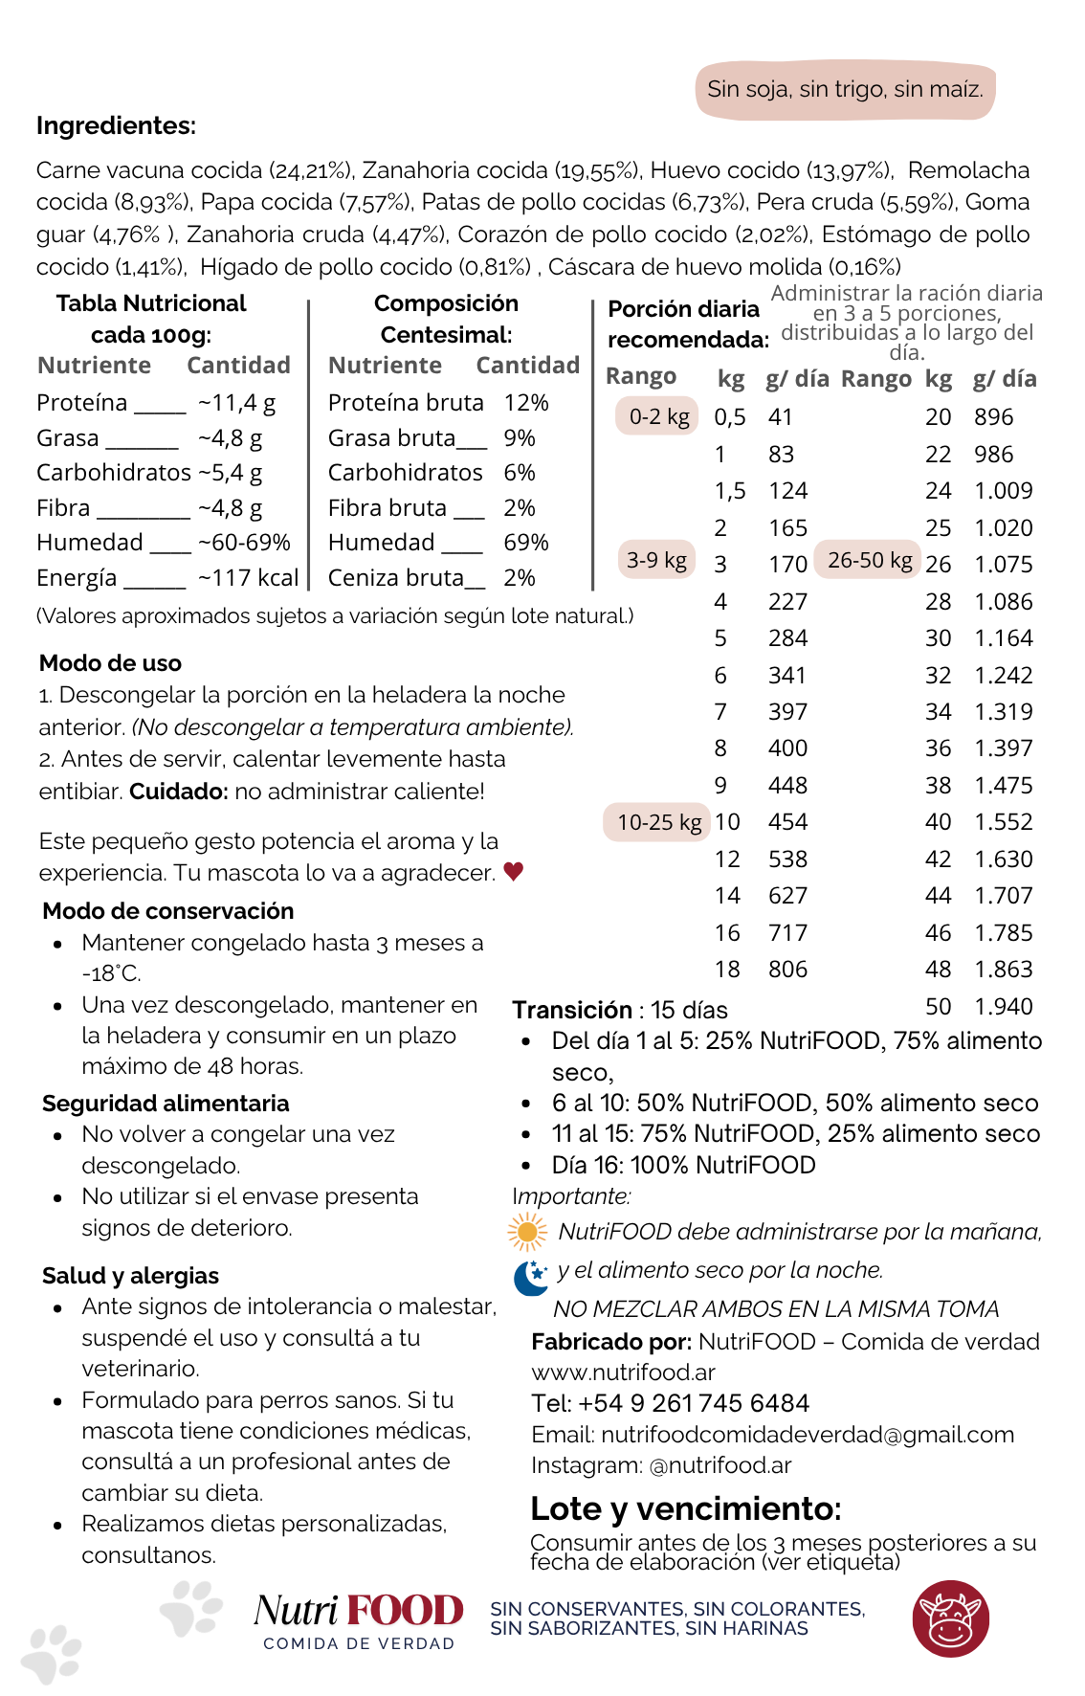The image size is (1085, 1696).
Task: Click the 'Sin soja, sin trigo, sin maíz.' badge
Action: point(845,90)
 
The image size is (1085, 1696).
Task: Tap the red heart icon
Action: point(514,871)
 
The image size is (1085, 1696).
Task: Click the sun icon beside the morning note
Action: point(527,1232)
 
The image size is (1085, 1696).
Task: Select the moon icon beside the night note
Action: point(530,1277)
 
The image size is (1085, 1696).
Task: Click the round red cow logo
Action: point(950,1618)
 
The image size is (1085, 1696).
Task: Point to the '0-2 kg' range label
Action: point(658,416)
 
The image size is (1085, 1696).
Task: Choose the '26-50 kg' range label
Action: point(869,560)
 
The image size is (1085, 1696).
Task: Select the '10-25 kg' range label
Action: point(658,822)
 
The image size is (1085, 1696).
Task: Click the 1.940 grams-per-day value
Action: point(1003,1007)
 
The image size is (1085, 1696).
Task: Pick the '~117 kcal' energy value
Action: point(248,578)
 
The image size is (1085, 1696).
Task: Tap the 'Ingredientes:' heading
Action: point(116,125)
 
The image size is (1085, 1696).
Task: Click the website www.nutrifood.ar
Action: point(623,1372)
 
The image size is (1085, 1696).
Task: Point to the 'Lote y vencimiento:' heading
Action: point(685,1508)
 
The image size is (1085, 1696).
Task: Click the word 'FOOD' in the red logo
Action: point(405,1611)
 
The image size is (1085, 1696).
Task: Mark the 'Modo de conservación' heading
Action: point(167,911)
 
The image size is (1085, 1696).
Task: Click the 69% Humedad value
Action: point(526,543)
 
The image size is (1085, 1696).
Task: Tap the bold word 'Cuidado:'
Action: point(179,792)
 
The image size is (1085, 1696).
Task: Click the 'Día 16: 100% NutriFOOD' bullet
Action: point(683,1165)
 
